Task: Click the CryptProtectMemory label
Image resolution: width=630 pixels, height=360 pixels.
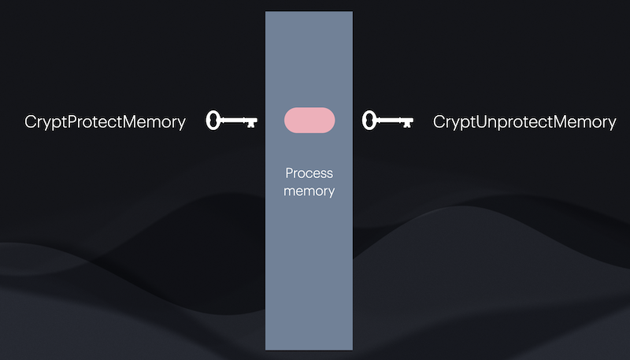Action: click(106, 122)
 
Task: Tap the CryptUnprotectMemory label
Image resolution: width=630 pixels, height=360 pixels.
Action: click(524, 122)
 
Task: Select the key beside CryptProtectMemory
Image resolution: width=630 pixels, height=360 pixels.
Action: click(232, 121)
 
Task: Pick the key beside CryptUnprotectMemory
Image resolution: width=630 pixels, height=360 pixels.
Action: click(387, 121)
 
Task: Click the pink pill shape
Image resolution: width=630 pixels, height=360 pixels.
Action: click(309, 121)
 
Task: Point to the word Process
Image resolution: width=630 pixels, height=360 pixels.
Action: click(309, 173)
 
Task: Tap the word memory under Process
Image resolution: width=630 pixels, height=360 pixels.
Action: click(309, 191)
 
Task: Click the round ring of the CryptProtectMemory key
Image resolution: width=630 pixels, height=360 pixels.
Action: click(213, 121)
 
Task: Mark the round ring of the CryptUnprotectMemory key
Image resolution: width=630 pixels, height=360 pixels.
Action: click(368, 121)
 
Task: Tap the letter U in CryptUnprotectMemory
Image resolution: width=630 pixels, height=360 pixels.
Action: click(480, 122)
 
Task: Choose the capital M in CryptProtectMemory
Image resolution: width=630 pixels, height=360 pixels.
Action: click(135, 122)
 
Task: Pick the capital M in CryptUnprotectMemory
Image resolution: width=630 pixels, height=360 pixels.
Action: click(565, 122)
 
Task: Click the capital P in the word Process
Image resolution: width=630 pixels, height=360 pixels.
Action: click(289, 173)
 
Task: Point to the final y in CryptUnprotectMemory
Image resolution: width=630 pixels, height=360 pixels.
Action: click(612, 124)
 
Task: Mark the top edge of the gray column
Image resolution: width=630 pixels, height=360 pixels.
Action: click(309, 13)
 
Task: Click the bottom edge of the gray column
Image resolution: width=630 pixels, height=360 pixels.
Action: click(309, 348)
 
